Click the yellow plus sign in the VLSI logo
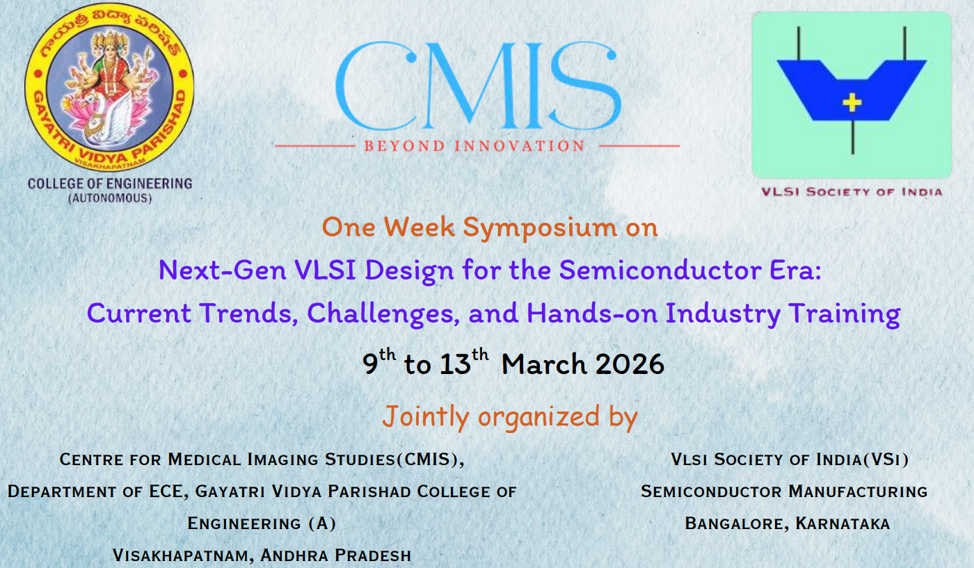click(852, 103)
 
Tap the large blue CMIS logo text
click(477, 86)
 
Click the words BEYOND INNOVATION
click(474, 146)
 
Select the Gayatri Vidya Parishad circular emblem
click(109, 87)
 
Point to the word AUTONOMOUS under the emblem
click(110, 198)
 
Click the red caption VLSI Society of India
click(852, 192)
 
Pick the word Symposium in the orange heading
click(539, 228)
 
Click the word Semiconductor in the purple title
click(660, 270)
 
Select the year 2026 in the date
click(629, 364)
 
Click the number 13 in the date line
click(455, 364)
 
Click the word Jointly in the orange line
click(426, 416)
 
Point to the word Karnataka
click(843, 524)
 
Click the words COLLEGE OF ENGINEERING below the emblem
click(110, 184)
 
